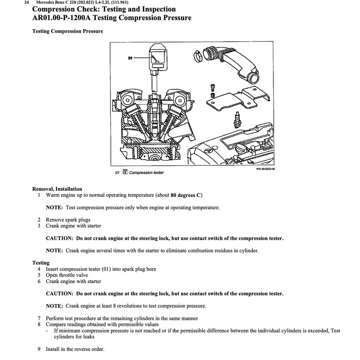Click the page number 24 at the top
[26, 2]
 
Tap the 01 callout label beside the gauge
[130, 58]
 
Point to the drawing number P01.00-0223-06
[265, 169]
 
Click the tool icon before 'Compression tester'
[125, 172]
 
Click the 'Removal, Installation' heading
[57, 189]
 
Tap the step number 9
[39, 349]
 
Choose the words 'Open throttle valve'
[67, 275]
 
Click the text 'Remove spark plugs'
[68, 220]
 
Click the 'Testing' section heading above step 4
[41, 263]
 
